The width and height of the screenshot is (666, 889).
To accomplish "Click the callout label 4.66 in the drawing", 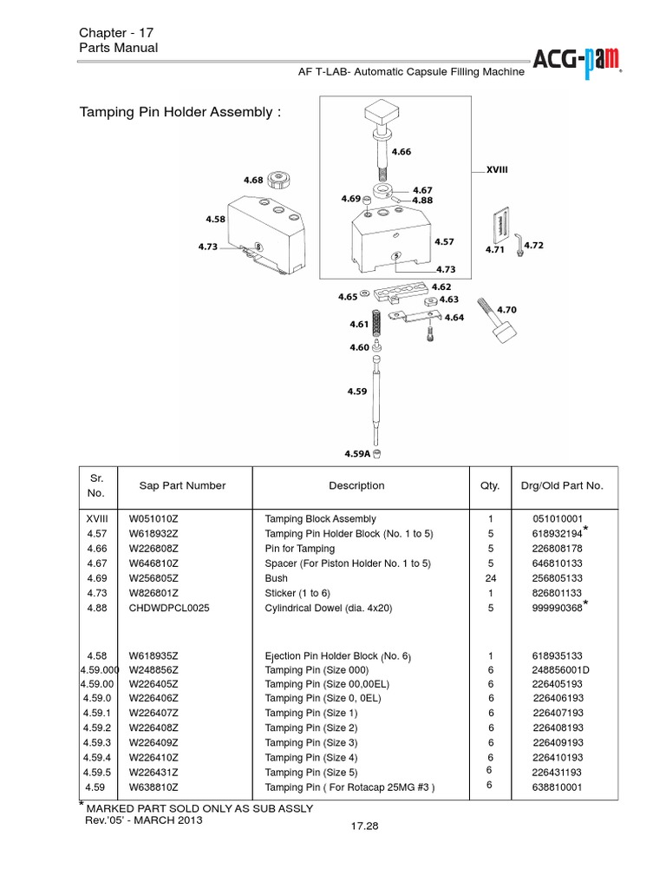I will [401, 151].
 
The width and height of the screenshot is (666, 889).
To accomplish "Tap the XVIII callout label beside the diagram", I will [496, 170].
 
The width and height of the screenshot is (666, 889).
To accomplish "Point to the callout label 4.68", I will [253, 180].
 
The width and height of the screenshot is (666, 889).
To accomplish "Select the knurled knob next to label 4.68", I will [278, 180].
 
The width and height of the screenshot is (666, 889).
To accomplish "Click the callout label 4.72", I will [533, 246].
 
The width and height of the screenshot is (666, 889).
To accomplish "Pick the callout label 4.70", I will [508, 309].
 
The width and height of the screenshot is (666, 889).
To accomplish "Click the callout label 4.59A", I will [358, 452].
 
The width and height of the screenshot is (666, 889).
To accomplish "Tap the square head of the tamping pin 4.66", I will [380, 111].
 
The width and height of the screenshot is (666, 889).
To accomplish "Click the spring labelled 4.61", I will [378, 323].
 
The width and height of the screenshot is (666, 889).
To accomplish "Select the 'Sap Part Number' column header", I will [182, 486].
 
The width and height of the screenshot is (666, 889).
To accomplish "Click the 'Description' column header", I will [356, 486].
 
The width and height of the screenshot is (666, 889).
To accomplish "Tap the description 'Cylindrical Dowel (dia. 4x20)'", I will [329, 609].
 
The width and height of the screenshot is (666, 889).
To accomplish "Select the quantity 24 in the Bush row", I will [490, 578].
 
